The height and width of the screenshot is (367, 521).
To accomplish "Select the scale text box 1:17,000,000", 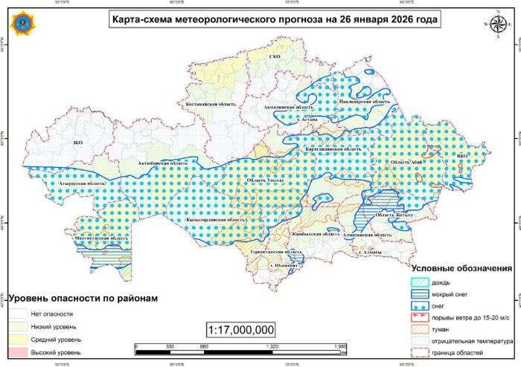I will [x=241, y=328].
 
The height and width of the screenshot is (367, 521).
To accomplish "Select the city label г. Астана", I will [x=307, y=119].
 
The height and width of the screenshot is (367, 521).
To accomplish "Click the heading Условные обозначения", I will [x=461, y=268].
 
